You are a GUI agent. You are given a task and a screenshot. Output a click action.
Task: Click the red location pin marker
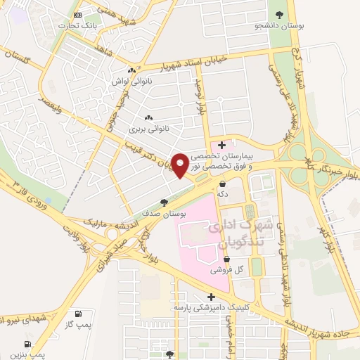point(181,164)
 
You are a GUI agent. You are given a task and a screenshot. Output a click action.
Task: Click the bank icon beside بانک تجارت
point(77,15)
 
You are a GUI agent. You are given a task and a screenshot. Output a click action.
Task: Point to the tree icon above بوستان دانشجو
point(281,14)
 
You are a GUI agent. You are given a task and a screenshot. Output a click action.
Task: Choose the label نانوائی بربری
point(148,129)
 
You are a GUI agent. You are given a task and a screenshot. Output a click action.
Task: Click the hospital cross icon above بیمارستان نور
point(222,145)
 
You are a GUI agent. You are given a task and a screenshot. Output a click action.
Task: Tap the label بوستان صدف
point(164,213)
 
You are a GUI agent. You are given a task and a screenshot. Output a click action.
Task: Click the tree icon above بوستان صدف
point(164,202)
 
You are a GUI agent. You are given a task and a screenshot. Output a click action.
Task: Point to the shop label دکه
point(223,195)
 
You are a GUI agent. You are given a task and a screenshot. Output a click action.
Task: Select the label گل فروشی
point(226,270)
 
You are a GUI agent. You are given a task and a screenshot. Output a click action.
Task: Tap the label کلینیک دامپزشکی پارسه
point(212,308)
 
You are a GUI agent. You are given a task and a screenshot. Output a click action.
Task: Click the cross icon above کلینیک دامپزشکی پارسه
point(211,297)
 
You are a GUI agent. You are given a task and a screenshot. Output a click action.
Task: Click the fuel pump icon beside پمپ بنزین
point(27,344)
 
